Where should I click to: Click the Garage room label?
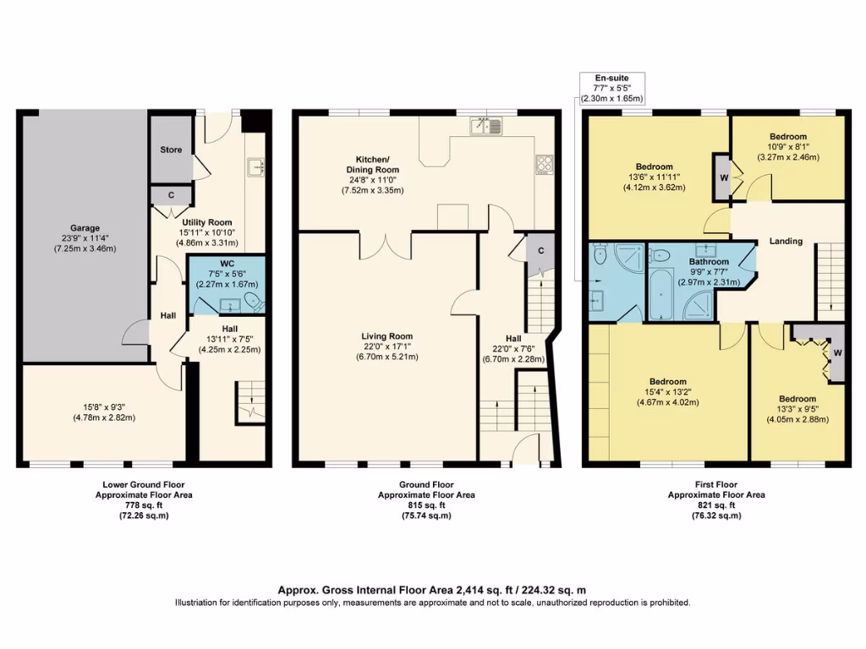pos(85,227)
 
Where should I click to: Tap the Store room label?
pos(171,150)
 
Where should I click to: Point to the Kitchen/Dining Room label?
pos(371,164)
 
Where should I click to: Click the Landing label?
pos(785,242)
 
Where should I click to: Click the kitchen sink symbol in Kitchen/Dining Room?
pos(486,127)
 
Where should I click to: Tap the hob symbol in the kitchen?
pos(543,165)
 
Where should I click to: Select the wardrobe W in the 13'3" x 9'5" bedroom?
pos(837,352)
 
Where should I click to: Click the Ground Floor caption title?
pos(426,485)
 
